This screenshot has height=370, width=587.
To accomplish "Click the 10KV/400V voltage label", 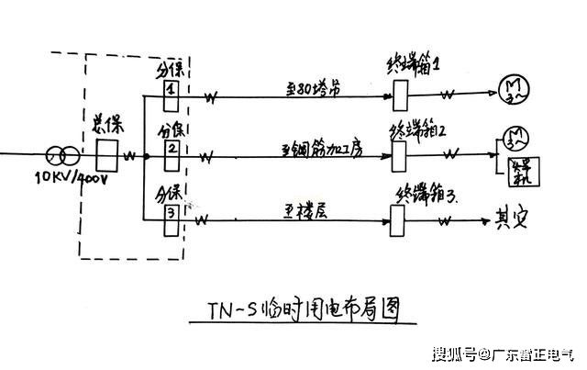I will [57, 175].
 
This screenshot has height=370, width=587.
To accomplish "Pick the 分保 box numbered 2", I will [171, 153].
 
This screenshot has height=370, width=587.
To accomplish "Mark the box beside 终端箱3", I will [397, 219].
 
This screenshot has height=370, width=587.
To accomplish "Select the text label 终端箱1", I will [415, 66].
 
